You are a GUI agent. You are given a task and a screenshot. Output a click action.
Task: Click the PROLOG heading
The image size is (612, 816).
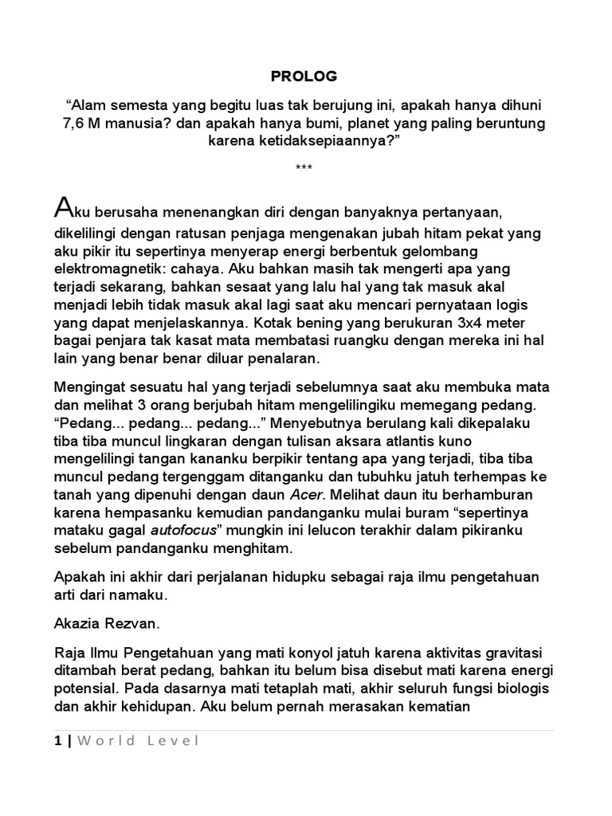pos(304,76)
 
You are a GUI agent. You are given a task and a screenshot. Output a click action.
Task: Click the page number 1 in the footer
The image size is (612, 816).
pos(58,740)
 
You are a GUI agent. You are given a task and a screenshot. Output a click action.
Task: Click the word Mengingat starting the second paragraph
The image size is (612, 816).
pos(90,386)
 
